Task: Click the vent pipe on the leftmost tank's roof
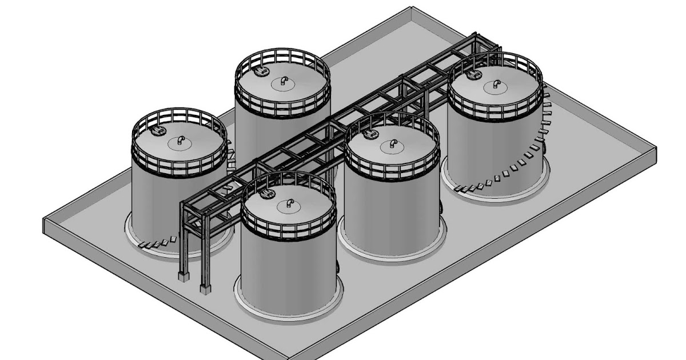pos(180,139)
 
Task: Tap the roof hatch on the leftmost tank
pos(157,131)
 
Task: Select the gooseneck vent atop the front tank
pos(289,203)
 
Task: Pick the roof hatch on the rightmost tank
pos(474,75)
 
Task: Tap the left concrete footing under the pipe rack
pos(183,276)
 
